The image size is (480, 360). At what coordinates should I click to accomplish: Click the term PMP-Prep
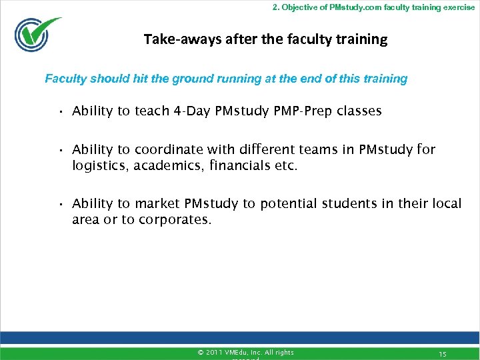click(x=302, y=111)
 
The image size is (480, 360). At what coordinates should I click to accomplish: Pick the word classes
click(x=359, y=111)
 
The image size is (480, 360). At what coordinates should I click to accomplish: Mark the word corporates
click(x=174, y=219)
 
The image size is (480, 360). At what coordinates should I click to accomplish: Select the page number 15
click(x=442, y=353)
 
